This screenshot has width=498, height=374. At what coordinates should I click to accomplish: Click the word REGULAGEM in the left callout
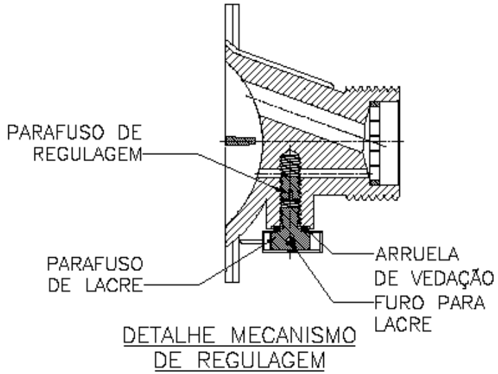(x=88, y=155)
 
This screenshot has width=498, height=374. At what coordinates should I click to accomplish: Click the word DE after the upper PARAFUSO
(x=130, y=133)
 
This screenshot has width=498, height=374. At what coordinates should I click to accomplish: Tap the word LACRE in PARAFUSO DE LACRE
(x=115, y=285)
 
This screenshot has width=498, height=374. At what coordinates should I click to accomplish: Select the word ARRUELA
(x=417, y=254)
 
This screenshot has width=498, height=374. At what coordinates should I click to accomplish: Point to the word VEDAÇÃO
(x=453, y=278)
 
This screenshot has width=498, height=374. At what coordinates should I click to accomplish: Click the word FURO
(x=399, y=302)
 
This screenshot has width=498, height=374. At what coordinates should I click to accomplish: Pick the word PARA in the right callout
(x=461, y=302)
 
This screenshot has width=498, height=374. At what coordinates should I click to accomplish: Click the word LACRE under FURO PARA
(x=403, y=324)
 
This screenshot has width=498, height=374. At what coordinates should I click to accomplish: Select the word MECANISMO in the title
(x=293, y=335)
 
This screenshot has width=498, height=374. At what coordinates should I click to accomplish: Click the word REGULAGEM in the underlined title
(x=261, y=359)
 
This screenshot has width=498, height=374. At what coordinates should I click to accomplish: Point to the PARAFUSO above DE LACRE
(x=95, y=264)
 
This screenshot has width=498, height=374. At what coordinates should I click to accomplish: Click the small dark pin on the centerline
(x=240, y=141)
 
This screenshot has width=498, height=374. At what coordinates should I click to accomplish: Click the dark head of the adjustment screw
(x=289, y=239)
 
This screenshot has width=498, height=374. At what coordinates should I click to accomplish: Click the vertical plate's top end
(x=232, y=4)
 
